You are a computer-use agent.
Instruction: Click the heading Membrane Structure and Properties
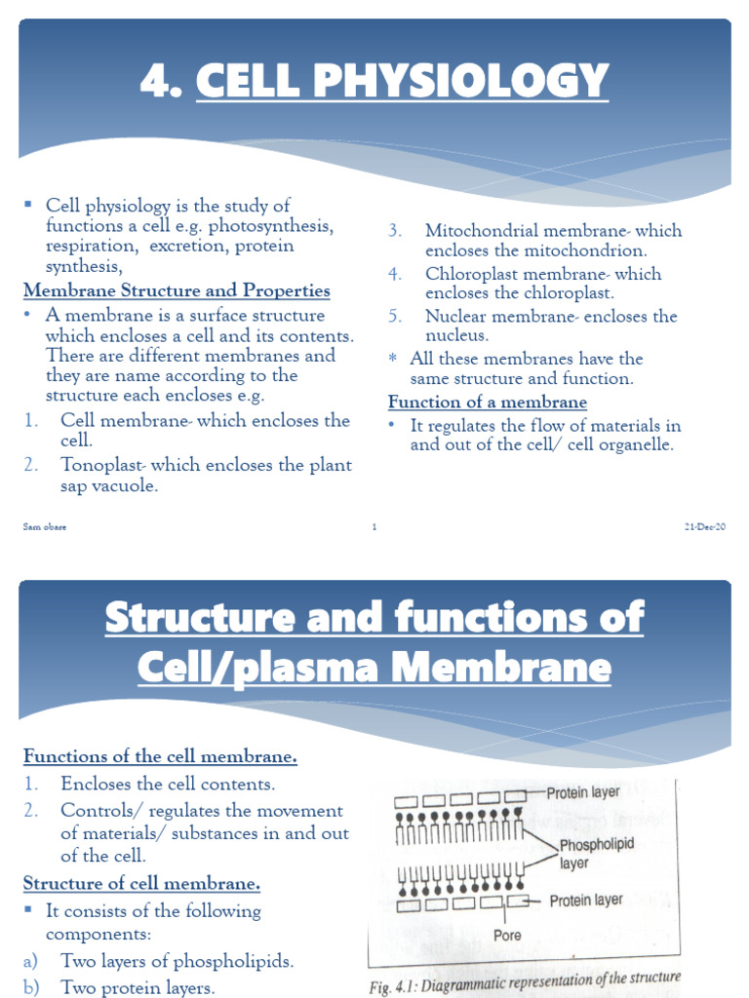[177, 290]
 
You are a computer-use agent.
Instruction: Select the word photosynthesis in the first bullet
[273, 225]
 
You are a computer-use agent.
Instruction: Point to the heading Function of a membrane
[488, 402]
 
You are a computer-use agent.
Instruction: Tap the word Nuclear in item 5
[456, 316]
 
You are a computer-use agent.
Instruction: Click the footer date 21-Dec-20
[705, 527]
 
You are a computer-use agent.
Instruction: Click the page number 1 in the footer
[374, 527]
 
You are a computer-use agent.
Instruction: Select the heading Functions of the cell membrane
[160, 756]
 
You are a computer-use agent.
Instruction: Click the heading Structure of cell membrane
[141, 884]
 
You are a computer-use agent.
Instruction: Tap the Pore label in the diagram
[507, 936]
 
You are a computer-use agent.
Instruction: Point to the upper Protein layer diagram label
[583, 792]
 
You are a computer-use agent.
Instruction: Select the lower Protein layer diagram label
[586, 901]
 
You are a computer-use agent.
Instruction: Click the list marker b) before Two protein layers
[30, 987]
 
